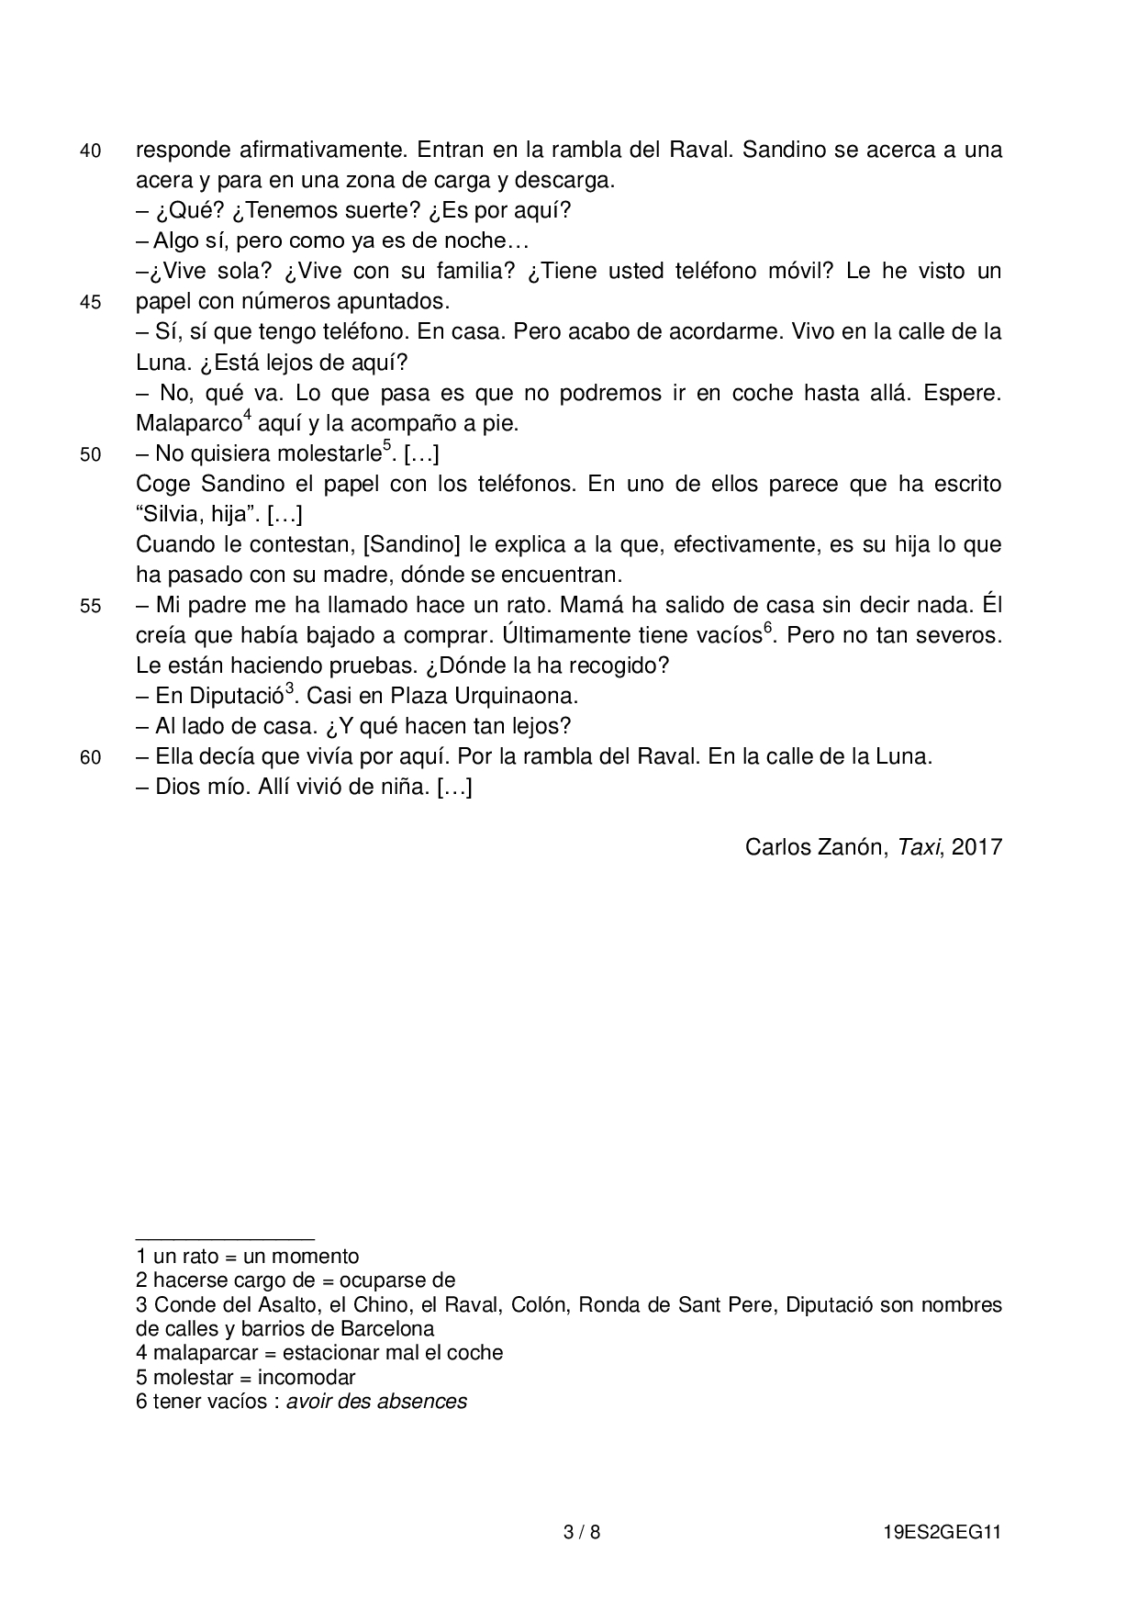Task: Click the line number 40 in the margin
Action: [x=90, y=151]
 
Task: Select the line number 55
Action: [x=90, y=607]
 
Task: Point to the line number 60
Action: [x=90, y=758]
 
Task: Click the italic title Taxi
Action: [x=920, y=846]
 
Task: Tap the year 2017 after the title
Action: [x=976, y=846]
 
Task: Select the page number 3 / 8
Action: [x=581, y=1532]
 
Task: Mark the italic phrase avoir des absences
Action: [x=376, y=1402]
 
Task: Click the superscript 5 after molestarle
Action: [x=386, y=446]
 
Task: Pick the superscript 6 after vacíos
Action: [x=768, y=629]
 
